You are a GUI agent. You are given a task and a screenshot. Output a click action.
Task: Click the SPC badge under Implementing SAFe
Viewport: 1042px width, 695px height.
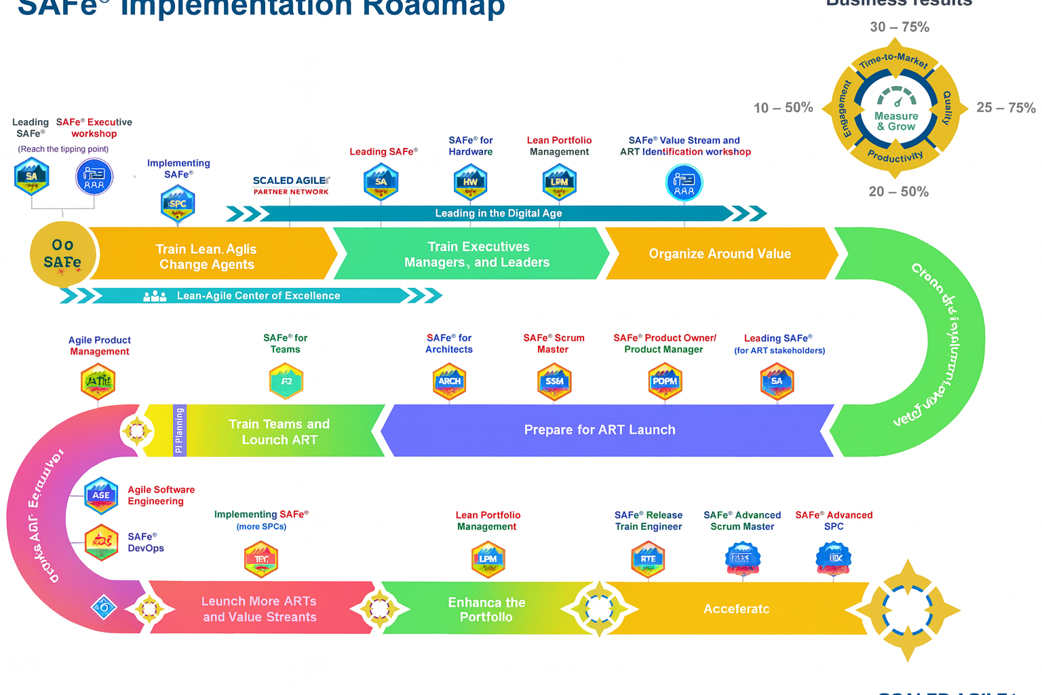click(178, 204)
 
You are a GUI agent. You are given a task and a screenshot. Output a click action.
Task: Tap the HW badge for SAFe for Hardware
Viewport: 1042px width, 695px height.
click(471, 182)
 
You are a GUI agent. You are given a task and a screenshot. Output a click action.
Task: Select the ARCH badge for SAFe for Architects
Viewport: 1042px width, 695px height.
click(449, 381)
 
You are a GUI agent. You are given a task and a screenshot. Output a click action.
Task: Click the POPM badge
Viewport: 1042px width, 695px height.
click(665, 381)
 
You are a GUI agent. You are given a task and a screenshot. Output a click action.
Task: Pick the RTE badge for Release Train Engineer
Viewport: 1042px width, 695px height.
click(648, 559)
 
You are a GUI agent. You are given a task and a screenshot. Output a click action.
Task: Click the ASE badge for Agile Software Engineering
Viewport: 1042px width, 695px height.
click(101, 495)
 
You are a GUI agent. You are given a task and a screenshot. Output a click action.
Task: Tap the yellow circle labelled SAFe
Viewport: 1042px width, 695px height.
click(63, 254)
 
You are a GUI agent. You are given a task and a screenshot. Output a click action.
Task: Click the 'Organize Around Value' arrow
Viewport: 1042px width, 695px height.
click(720, 254)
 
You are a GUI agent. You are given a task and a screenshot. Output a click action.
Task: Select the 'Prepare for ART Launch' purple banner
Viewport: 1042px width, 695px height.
click(600, 430)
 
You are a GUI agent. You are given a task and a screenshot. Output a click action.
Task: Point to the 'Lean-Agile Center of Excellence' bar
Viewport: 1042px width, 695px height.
click(258, 296)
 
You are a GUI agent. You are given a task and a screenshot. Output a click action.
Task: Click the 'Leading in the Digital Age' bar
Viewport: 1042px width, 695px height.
click(498, 214)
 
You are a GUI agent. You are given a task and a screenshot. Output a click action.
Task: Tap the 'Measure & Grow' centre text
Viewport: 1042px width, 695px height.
click(896, 121)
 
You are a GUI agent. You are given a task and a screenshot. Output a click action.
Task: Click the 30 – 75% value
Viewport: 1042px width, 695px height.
click(900, 27)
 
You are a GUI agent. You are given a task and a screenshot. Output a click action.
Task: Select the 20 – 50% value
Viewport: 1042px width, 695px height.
click(898, 192)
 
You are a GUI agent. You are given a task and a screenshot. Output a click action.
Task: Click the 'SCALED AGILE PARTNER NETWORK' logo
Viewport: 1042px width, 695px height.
click(291, 185)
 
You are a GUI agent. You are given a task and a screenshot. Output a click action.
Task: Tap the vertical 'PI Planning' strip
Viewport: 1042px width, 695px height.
click(179, 430)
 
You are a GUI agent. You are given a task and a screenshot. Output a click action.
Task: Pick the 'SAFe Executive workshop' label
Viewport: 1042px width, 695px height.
click(94, 128)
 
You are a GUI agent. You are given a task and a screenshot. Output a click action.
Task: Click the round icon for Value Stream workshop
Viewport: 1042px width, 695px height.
click(684, 182)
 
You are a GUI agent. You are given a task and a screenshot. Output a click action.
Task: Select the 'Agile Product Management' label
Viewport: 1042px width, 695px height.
click(100, 345)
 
